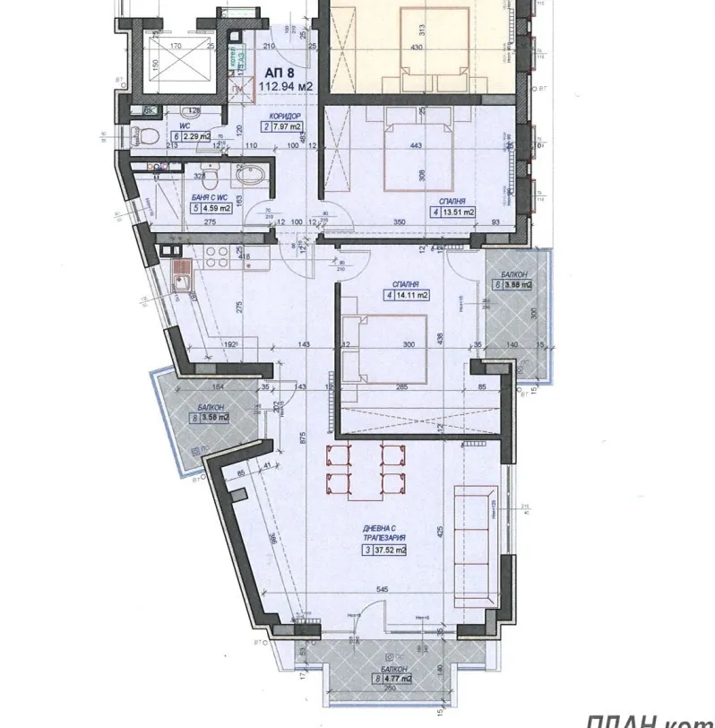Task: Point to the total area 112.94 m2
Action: click(282, 86)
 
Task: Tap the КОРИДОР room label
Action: click(283, 116)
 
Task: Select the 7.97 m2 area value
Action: click(288, 127)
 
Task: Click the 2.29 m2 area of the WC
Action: click(197, 136)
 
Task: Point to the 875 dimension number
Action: click(304, 438)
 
